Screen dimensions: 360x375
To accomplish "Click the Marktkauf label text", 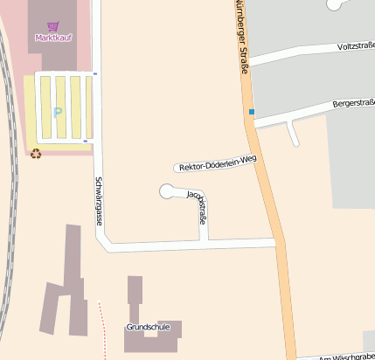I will click(53, 38).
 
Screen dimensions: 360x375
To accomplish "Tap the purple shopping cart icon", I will click(53, 26).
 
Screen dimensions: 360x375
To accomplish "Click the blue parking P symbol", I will click(59, 112).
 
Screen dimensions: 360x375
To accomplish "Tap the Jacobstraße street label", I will click(198, 209).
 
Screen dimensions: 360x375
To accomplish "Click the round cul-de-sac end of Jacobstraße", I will click(169, 190).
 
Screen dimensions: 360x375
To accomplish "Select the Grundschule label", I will click(147, 327).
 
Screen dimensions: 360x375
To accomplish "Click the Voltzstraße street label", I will click(355, 46).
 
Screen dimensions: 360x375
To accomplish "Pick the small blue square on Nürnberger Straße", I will click(251, 112).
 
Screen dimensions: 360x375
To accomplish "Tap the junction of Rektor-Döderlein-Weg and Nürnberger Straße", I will click(260, 154).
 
